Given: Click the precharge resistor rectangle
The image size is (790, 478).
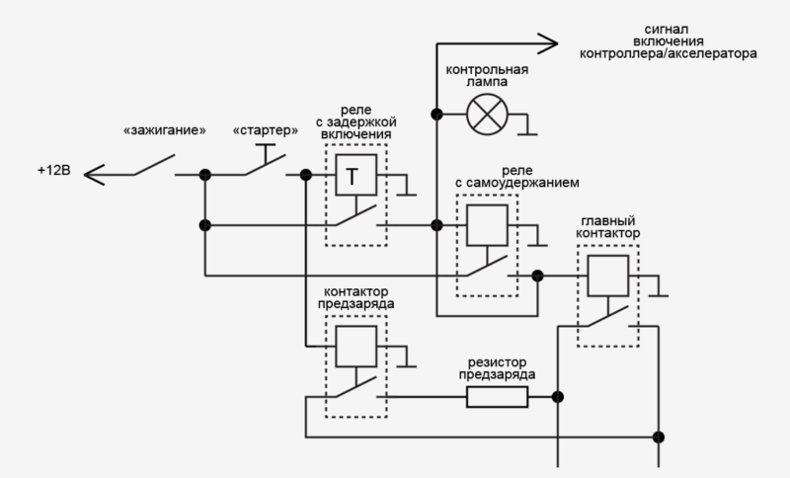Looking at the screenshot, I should pos(497,397).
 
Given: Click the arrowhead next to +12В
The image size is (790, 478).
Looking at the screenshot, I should pos(94,175).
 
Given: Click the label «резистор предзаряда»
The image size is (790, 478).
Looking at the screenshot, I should pos(497,368).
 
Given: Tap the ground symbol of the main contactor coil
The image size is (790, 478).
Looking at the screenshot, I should pos(662,294).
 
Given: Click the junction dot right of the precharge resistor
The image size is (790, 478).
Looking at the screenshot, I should pos(558,397).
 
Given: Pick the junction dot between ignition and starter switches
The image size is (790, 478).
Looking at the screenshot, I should pos(205,176).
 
